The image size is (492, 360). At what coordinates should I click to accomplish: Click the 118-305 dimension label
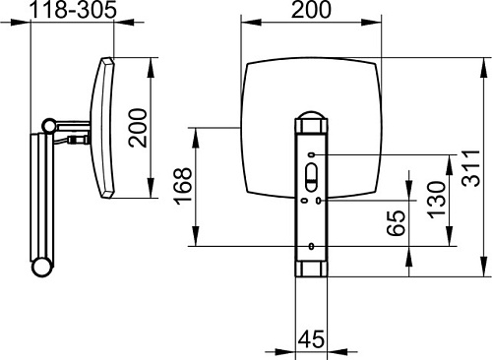(73, 10)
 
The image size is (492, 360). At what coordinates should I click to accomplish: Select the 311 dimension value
(471, 168)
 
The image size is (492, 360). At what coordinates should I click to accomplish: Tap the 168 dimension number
(183, 186)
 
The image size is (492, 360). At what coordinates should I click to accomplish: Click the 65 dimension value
(397, 223)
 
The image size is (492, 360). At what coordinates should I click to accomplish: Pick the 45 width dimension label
(311, 339)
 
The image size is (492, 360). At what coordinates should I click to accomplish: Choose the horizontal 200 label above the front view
(311, 10)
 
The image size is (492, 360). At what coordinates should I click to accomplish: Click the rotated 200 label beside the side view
(138, 128)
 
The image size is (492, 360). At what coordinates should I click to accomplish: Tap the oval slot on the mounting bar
(311, 177)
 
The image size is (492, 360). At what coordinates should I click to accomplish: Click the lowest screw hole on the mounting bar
(311, 246)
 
